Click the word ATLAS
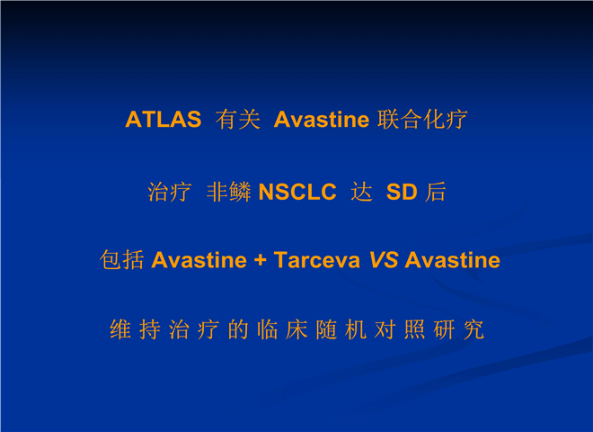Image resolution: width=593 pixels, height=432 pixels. coord(164,120)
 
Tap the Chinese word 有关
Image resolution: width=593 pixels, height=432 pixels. coord(238,120)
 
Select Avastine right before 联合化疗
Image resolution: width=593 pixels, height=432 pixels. coord(322,120)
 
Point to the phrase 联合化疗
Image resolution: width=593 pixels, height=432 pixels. coord(422,120)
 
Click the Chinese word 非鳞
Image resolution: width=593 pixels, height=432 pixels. coord(229,192)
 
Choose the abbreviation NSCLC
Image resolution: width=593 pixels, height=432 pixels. coord(297,192)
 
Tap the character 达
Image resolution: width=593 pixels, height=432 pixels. coord(361,192)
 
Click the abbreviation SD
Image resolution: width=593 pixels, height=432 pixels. coord(402,192)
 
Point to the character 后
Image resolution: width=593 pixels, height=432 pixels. coord(435,192)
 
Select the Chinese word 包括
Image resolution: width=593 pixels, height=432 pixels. coord(122,260)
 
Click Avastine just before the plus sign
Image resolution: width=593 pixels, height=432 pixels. coord(199,260)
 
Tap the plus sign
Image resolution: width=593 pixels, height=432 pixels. coord(261,260)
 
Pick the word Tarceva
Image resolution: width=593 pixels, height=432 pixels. coord(317,260)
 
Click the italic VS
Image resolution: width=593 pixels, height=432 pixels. coord(384,260)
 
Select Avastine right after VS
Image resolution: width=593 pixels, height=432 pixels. coord(452,260)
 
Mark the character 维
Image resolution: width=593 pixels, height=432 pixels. coord(120,329)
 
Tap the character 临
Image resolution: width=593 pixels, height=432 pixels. coord(268,329)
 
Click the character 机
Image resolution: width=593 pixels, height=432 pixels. coord(356,329)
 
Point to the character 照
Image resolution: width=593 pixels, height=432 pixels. coord(415,329)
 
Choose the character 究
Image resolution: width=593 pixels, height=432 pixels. coord(474,329)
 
